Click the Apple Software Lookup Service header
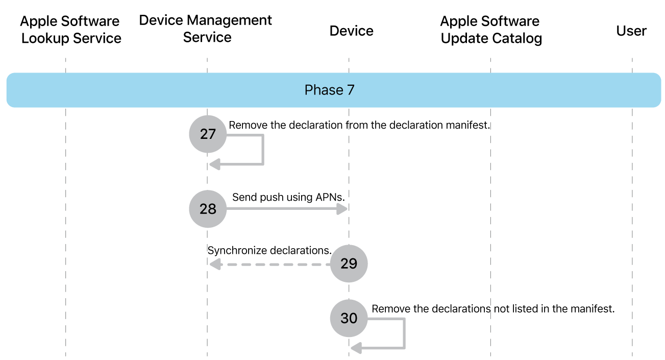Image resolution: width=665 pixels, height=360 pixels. (x=71, y=30)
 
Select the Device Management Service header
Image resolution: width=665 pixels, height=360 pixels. (x=206, y=29)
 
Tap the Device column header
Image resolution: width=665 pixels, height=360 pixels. (x=351, y=31)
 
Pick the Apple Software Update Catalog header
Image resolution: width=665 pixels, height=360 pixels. (x=490, y=30)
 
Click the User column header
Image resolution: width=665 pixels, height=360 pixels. (x=631, y=31)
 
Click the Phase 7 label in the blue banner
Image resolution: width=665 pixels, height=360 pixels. (x=329, y=90)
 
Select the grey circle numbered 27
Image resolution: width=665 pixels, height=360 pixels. (x=208, y=134)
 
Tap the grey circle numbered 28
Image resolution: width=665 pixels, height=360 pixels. (x=208, y=209)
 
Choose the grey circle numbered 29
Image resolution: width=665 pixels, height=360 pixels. (x=349, y=263)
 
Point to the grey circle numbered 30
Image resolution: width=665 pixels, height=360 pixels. (x=349, y=318)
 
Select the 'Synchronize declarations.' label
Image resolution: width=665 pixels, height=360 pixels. (x=269, y=251)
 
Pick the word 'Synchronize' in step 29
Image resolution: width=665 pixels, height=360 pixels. (x=237, y=251)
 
